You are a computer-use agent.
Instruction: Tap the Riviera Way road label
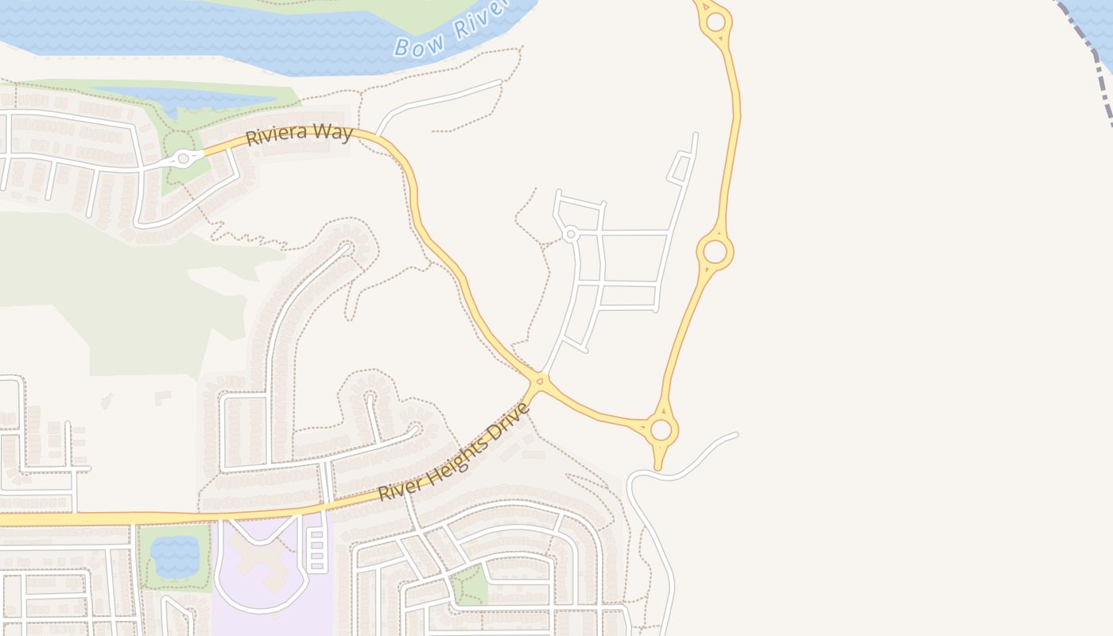299,134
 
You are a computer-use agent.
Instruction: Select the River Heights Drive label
453,452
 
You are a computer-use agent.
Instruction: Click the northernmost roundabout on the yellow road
715,22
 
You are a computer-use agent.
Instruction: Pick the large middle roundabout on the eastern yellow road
715,252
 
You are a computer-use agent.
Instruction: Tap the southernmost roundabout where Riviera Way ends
660,431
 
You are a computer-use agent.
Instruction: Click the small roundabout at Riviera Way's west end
184,159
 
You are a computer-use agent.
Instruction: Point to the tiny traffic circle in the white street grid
570,234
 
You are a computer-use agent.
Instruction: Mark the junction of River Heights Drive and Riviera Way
539,382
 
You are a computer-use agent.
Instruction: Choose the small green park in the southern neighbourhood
471,587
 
